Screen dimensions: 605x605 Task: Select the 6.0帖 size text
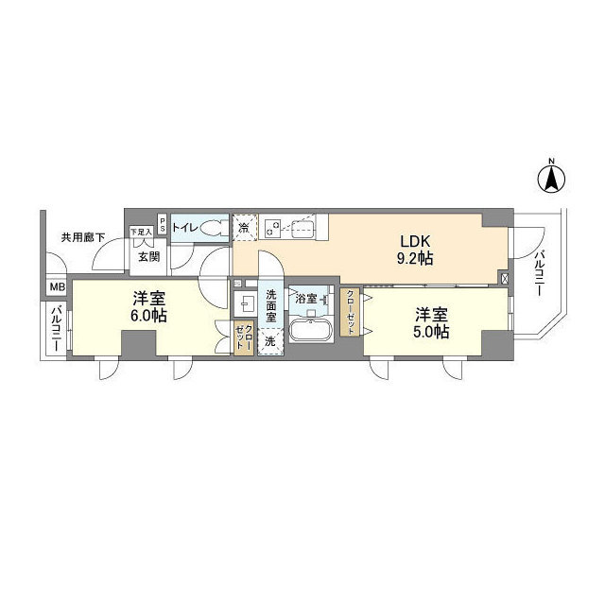pyautogui.click(x=148, y=316)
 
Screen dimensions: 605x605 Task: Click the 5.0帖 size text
pyautogui.click(x=429, y=331)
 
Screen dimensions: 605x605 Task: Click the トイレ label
pyautogui.click(x=184, y=228)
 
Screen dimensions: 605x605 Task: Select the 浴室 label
pyautogui.click(x=306, y=299)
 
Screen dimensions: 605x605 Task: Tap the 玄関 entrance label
pyautogui.click(x=148, y=255)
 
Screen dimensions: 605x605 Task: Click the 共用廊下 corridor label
pyautogui.click(x=82, y=236)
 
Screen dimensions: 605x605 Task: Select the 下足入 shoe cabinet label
pyautogui.click(x=141, y=232)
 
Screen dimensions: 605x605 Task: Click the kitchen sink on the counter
pyautogui.click(x=302, y=228)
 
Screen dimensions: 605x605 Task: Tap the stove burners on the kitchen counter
pyautogui.click(x=273, y=227)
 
